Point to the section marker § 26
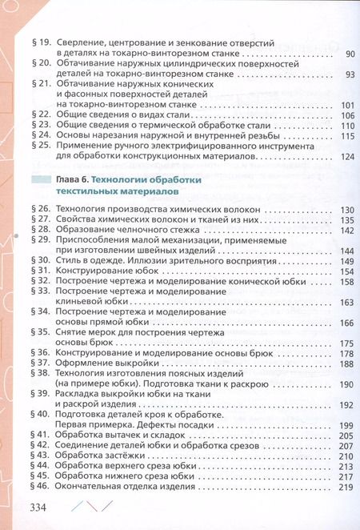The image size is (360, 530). click(41, 210)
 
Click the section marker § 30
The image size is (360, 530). click(41, 261)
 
